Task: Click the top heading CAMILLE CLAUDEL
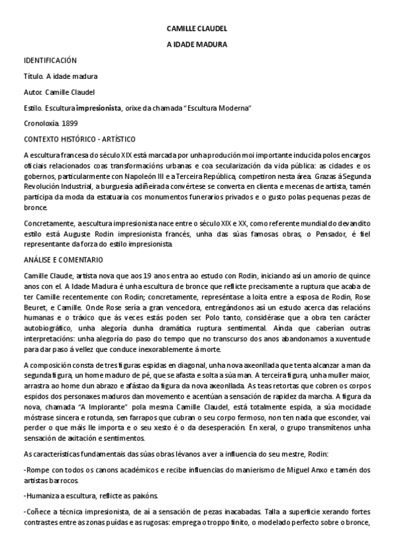tap(197, 30)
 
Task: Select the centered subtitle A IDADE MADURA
tap(197, 45)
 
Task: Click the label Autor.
tap(33, 92)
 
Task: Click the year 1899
tap(70, 123)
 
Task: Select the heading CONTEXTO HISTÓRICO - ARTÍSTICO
tap(79, 139)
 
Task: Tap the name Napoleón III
tap(148, 178)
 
